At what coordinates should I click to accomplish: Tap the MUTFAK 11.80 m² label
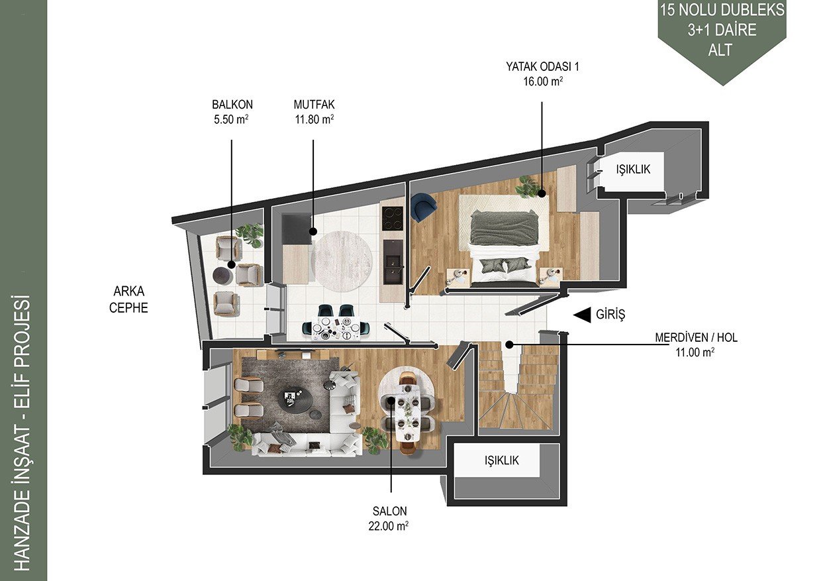(314, 112)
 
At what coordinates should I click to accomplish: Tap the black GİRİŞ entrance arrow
(582, 315)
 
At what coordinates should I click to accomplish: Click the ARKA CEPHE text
(128, 299)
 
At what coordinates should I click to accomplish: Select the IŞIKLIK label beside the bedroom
(633, 169)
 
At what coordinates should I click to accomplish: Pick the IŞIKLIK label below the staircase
(501, 460)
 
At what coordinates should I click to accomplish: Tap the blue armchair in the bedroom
(423, 207)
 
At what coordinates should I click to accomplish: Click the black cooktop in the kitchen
(392, 218)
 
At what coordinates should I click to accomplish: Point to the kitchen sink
(393, 262)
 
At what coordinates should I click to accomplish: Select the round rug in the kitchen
(341, 261)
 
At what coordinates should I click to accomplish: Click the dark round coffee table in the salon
(295, 401)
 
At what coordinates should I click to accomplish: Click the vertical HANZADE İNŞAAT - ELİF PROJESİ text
(23, 433)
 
